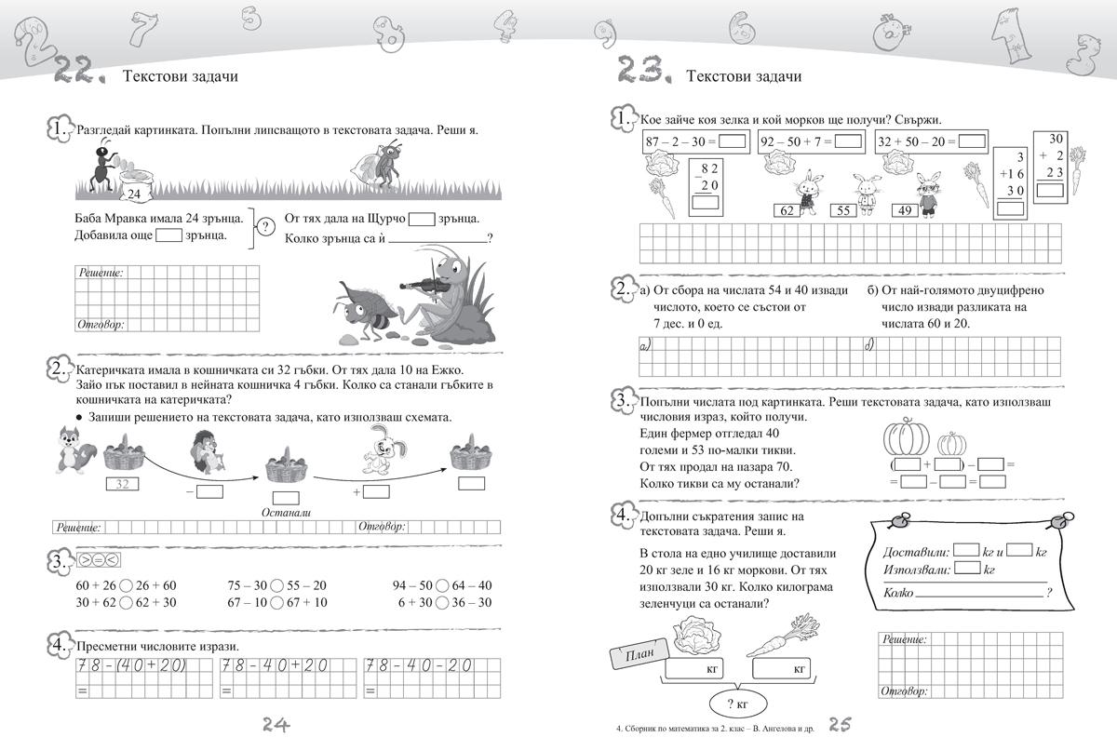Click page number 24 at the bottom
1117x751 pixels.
[x=273, y=725]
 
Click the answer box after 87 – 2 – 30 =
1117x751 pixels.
[x=733, y=142]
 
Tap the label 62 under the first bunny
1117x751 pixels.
[x=787, y=211]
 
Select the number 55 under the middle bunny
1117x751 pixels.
[x=841, y=211]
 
